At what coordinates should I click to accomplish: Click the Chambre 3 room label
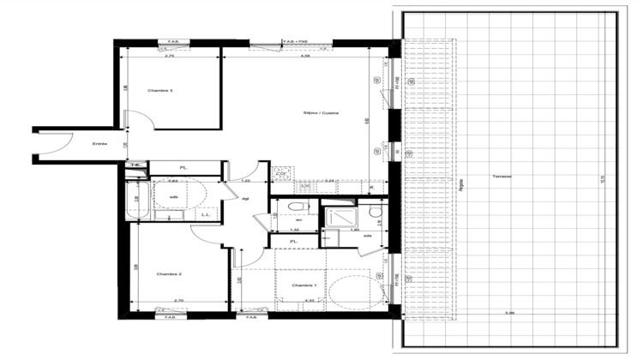click(x=160, y=91)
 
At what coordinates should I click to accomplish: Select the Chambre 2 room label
click(x=169, y=274)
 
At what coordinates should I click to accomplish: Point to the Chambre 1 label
click(x=304, y=285)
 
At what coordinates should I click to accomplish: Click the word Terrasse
click(x=502, y=177)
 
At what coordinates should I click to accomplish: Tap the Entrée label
click(x=100, y=144)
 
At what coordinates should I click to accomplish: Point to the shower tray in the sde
click(x=338, y=217)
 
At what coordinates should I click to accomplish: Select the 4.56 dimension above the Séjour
click(x=306, y=56)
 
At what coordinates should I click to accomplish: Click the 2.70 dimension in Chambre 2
click(x=178, y=300)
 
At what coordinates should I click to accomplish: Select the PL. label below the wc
click(x=293, y=243)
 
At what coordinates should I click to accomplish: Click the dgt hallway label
click(x=245, y=198)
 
